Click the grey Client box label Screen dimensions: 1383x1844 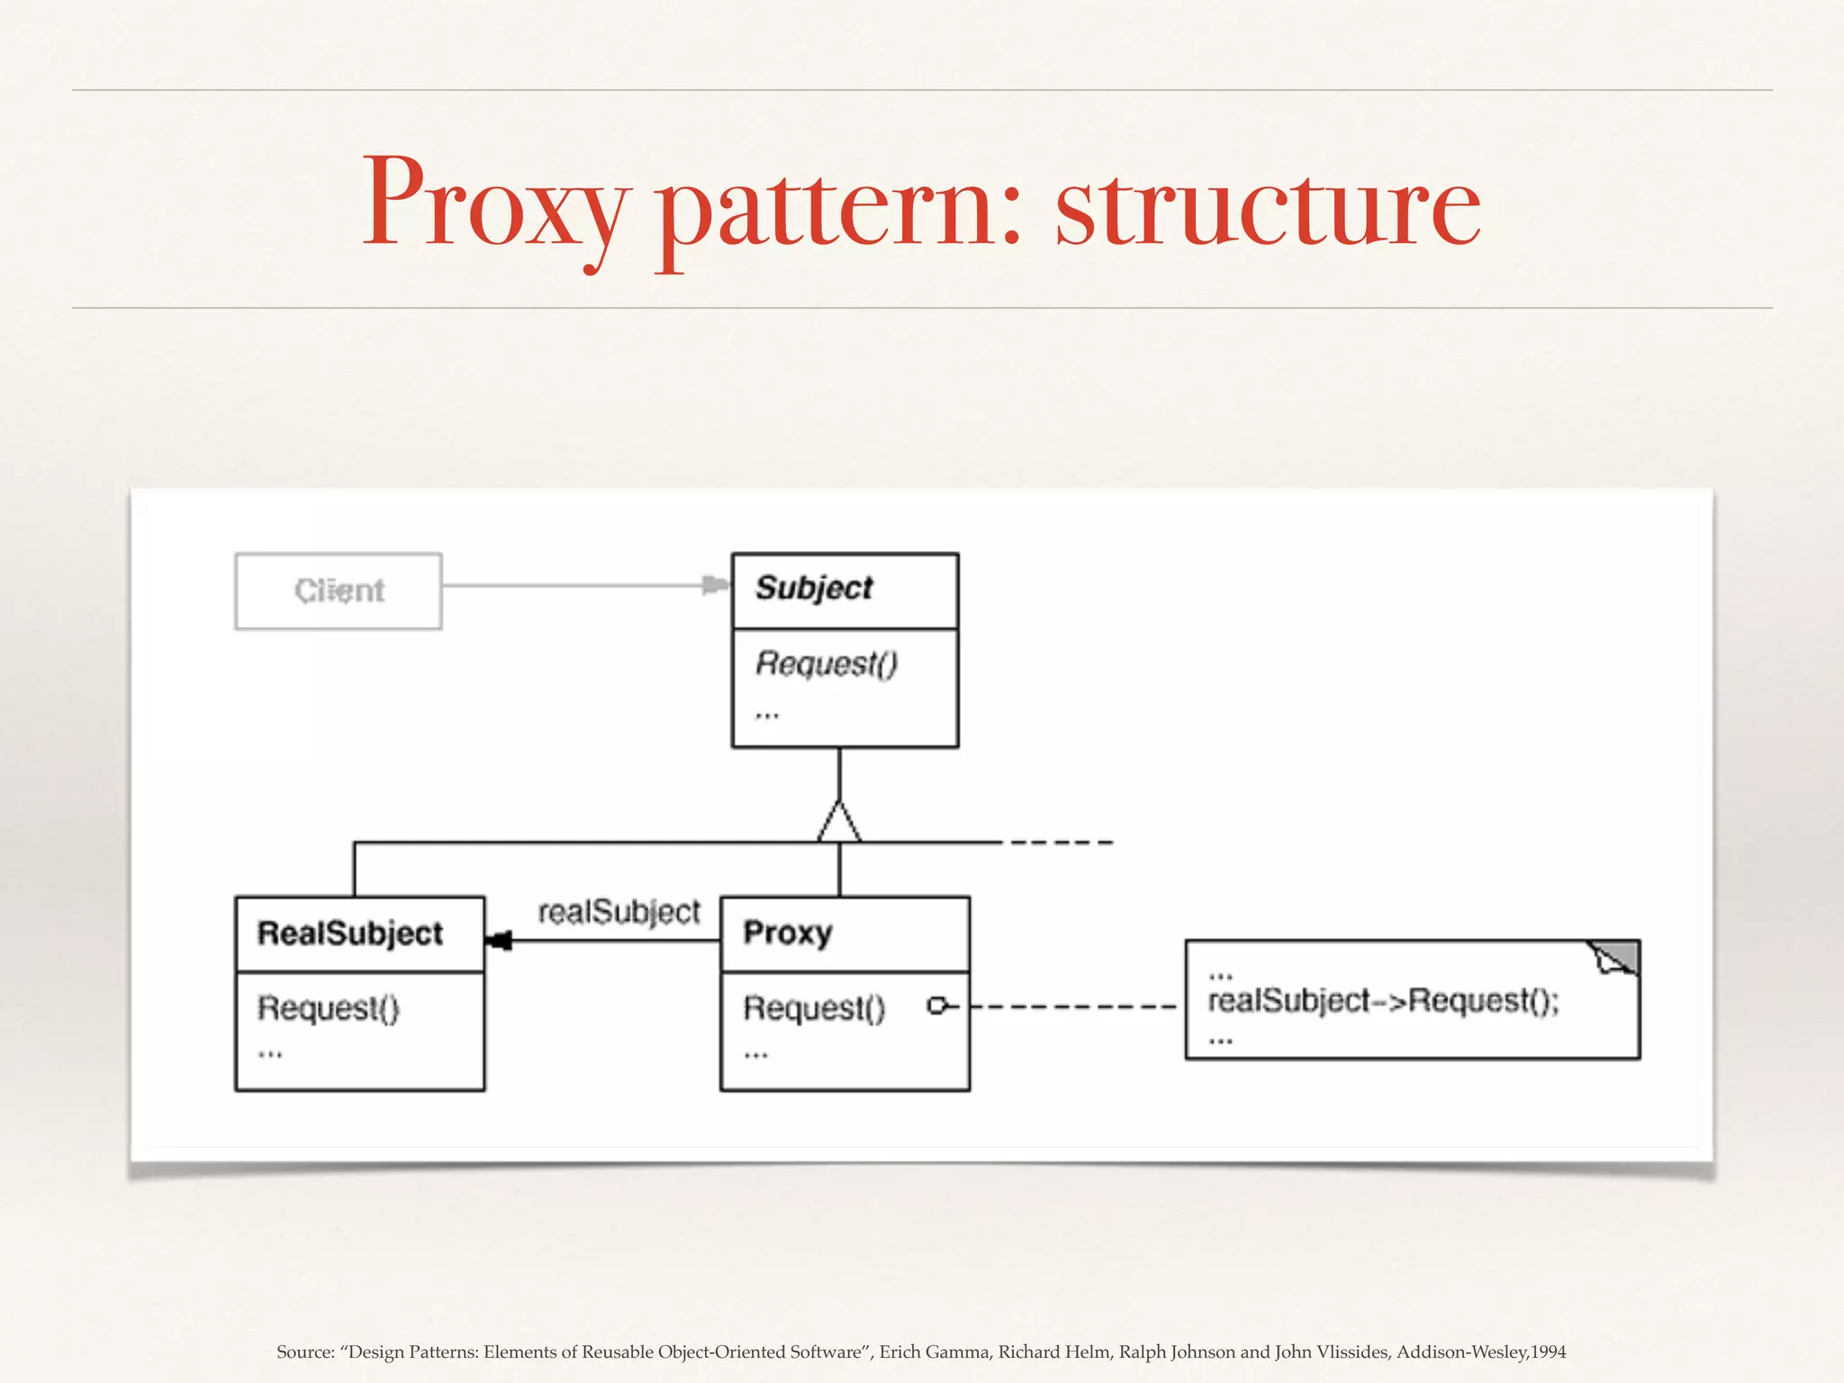coord(339,591)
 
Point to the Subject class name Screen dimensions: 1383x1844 coord(814,588)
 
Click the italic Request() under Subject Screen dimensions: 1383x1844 coord(827,664)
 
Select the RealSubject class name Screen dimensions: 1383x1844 coord(350,934)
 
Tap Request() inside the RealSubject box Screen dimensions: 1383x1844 coord(328,1008)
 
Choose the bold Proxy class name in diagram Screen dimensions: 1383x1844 coord(788,933)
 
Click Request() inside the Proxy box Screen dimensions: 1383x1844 coord(814,1008)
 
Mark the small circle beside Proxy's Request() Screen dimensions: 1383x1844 coord(937,1006)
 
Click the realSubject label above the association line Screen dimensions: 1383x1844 coord(619,912)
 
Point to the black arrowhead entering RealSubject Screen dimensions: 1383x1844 coord(498,941)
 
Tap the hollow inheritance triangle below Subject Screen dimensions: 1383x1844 coord(839,822)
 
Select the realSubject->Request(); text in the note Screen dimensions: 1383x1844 coord(1383,1000)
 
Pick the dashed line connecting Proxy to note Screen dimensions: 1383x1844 coord(1071,1006)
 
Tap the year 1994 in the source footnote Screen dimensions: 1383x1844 coord(1548,1351)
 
